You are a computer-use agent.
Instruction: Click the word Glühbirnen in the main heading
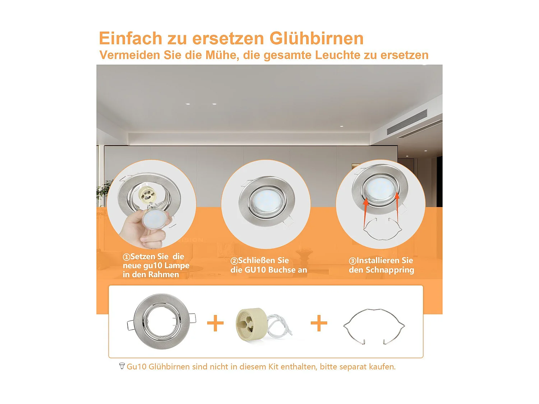[x=317, y=38]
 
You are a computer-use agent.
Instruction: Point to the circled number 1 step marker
[x=126, y=257]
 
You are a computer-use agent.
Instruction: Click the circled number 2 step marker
[x=234, y=261]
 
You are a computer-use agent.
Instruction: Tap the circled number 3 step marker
[x=353, y=261]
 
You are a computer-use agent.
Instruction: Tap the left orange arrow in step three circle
[x=365, y=212]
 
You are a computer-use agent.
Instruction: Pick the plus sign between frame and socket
[x=215, y=323]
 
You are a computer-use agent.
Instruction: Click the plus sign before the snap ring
[x=319, y=323]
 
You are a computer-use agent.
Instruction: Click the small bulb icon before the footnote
[x=122, y=366]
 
